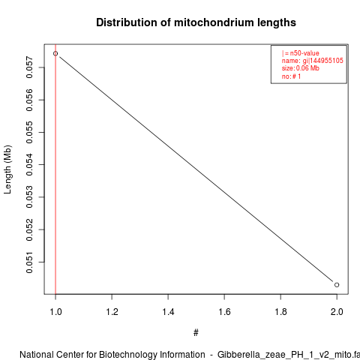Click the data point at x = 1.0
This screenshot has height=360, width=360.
tap(55, 53)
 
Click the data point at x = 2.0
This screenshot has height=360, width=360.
tap(337, 285)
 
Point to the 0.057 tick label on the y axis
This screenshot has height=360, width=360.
tap(29, 67)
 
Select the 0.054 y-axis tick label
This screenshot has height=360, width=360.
tap(29, 165)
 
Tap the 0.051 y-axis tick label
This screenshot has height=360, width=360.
tap(29, 262)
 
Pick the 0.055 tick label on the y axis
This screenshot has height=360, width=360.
tap(29, 132)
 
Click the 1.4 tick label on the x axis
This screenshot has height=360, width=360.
tap(168, 312)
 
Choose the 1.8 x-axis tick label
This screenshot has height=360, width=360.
tap(280, 312)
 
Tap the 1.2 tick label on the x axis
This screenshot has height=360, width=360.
tap(112, 312)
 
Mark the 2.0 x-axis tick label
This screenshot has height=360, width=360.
tap(337, 312)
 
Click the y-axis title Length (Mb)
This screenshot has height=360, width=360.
tap(7, 169)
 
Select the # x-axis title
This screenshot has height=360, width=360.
tap(196, 333)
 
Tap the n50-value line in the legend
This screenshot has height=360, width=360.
tap(301, 53)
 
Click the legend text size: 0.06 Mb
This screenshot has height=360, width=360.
tap(301, 68)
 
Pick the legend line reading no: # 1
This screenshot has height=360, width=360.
tap(291, 76)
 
